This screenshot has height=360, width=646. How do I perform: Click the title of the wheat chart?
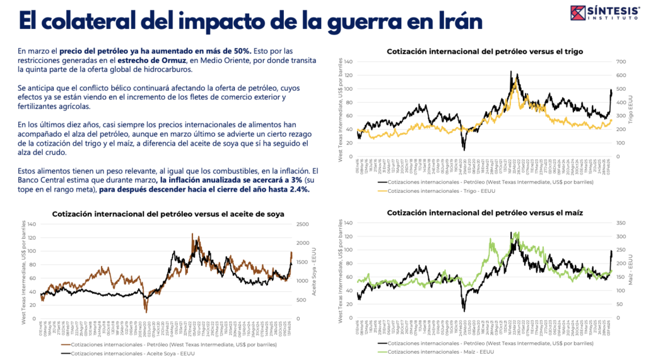tap(484, 51)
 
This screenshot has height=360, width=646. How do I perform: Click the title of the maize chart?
tap(484, 213)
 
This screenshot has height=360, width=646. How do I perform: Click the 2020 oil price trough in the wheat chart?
tap(464, 149)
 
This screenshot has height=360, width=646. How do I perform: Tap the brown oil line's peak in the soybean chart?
tap(192, 234)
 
